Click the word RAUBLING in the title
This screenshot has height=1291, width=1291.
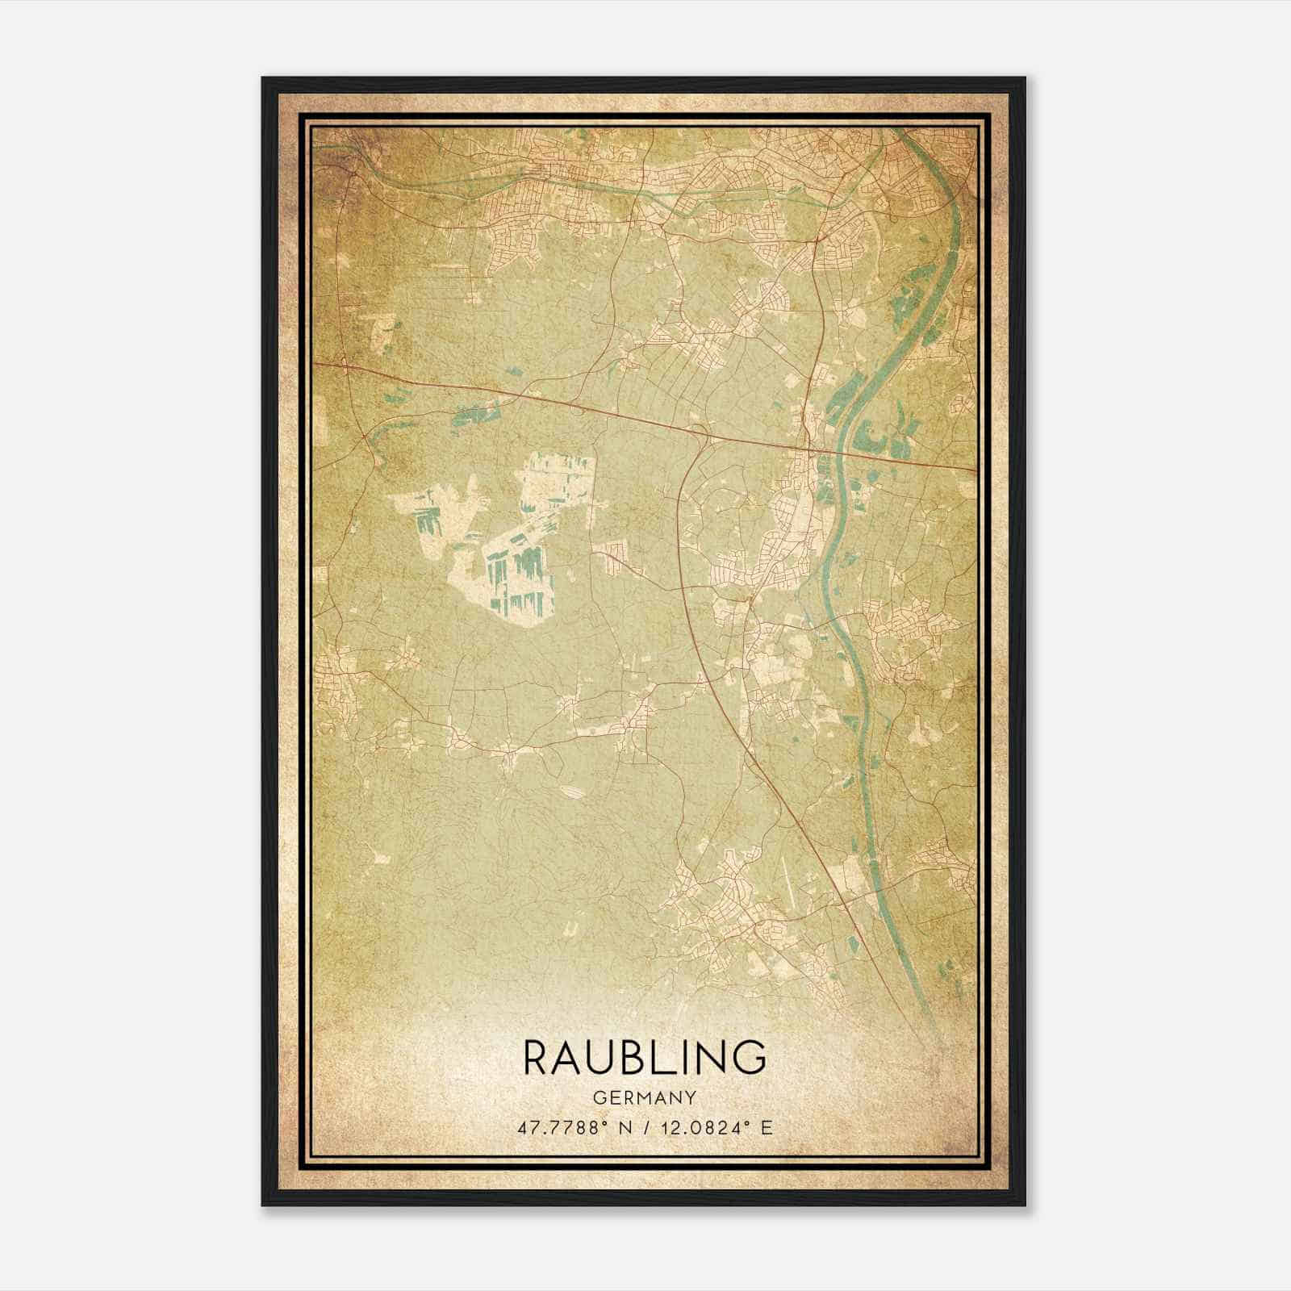[x=645, y=1057]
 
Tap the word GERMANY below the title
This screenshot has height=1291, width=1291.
[x=645, y=1097]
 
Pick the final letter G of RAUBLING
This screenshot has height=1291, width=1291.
[x=750, y=1057]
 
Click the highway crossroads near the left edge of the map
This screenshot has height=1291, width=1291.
[x=347, y=368]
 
